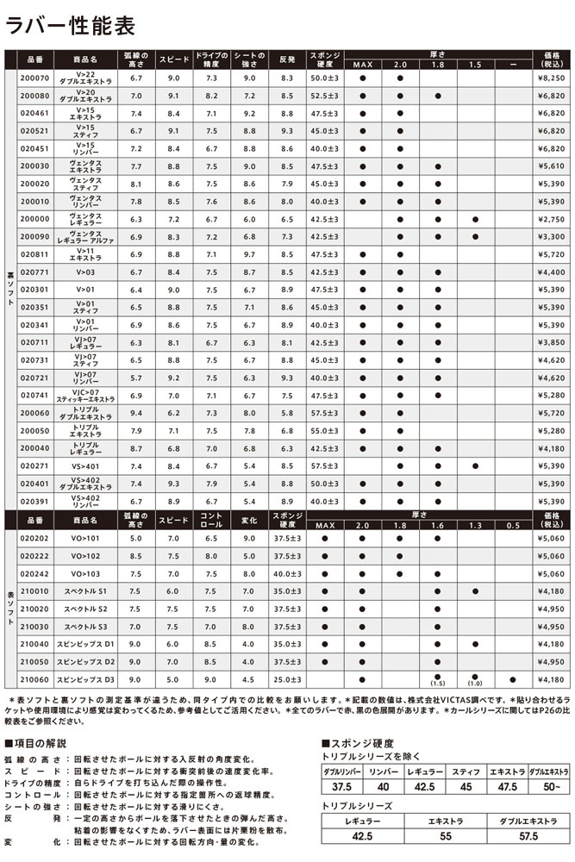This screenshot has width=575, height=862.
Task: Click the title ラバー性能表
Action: click(x=72, y=25)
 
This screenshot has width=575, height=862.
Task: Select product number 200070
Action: click(x=34, y=78)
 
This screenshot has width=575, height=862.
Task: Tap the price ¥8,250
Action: click(x=549, y=78)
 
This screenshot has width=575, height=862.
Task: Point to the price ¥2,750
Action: click(x=549, y=219)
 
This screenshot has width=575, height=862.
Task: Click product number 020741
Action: click(x=34, y=396)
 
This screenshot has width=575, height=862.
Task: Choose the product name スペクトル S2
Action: click(x=89, y=609)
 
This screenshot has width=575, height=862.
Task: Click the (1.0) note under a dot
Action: click(x=475, y=684)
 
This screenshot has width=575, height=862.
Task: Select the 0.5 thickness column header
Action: click(x=513, y=526)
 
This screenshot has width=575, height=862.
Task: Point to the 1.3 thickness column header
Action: click(x=475, y=526)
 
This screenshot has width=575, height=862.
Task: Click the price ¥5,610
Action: click(x=549, y=166)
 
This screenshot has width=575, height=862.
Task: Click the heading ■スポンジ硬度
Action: click(x=357, y=742)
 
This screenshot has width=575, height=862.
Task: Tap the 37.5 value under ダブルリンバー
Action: click(x=341, y=786)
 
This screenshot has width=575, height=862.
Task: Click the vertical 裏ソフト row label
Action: click(x=9, y=285)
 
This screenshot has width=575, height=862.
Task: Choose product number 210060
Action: click(x=34, y=679)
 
